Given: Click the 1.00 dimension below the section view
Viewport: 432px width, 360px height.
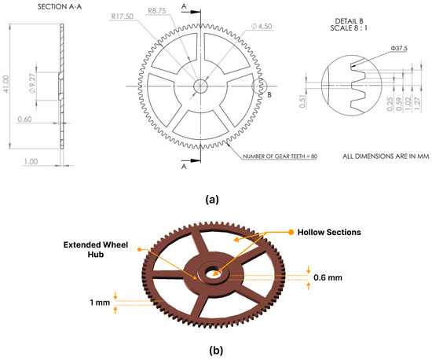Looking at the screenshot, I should (x=31, y=161).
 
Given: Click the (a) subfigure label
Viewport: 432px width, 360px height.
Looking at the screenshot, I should (x=211, y=200).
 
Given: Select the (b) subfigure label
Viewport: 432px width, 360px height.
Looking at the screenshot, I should (x=212, y=350).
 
